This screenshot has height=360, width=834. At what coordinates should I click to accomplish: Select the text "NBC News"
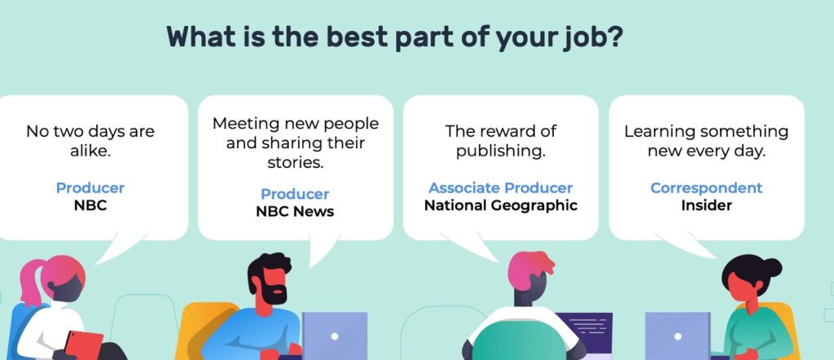pyautogui.click(x=295, y=212)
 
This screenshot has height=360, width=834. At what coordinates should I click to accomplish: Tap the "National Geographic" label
pyautogui.click(x=501, y=205)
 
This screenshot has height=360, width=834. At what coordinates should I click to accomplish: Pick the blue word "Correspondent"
pyautogui.click(x=706, y=187)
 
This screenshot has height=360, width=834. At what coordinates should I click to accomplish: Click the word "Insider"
pyautogui.click(x=706, y=205)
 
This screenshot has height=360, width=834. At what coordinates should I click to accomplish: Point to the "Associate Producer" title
pyautogui.click(x=501, y=187)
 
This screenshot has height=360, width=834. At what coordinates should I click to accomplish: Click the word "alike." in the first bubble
pyautogui.click(x=90, y=151)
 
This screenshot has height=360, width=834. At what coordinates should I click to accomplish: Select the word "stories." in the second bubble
pyautogui.click(x=295, y=162)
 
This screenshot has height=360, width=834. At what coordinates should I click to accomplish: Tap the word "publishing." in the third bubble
pyautogui.click(x=501, y=151)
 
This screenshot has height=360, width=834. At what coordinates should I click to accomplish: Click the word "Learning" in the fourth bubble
pyautogui.click(x=660, y=132)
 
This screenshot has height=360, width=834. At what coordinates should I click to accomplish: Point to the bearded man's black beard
pyautogui.click(x=275, y=293)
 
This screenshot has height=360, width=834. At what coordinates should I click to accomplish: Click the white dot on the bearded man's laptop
pyautogui.click(x=335, y=336)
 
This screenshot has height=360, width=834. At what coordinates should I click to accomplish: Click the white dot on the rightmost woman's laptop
pyautogui.click(x=678, y=336)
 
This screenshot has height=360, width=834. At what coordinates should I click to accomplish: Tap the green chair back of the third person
pyautogui.click(x=519, y=341)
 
